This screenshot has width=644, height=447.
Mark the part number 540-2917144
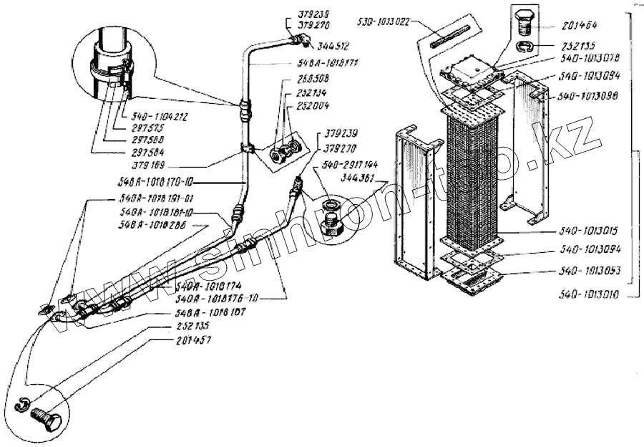350,164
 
